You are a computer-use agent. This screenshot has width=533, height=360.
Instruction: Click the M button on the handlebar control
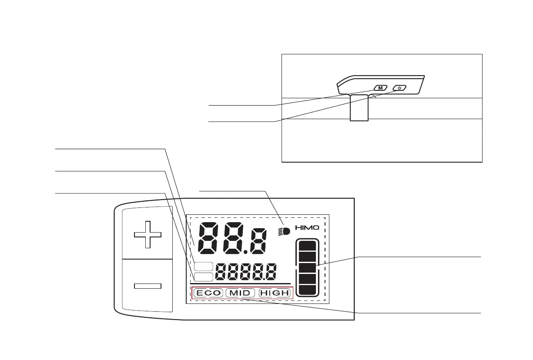(380, 88)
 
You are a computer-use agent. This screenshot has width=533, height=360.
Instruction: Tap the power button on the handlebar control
(399, 88)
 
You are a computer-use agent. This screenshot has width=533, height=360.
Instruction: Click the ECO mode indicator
(208, 293)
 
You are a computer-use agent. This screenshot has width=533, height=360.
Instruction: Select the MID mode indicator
(240, 293)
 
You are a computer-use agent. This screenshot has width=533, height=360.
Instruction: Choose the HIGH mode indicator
(274, 293)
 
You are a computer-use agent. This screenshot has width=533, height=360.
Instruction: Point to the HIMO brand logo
(307, 227)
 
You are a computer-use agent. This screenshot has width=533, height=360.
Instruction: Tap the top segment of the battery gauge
(307, 246)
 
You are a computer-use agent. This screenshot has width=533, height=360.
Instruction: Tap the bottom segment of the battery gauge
(307, 290)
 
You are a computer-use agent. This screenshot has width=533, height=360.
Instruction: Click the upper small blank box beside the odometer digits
(203, 267)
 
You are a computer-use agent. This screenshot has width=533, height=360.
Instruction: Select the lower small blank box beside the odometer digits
(203, 277)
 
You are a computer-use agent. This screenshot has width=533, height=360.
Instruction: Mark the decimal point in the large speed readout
(246, 252)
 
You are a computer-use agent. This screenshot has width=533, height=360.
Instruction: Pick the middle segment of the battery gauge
(307, 268)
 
